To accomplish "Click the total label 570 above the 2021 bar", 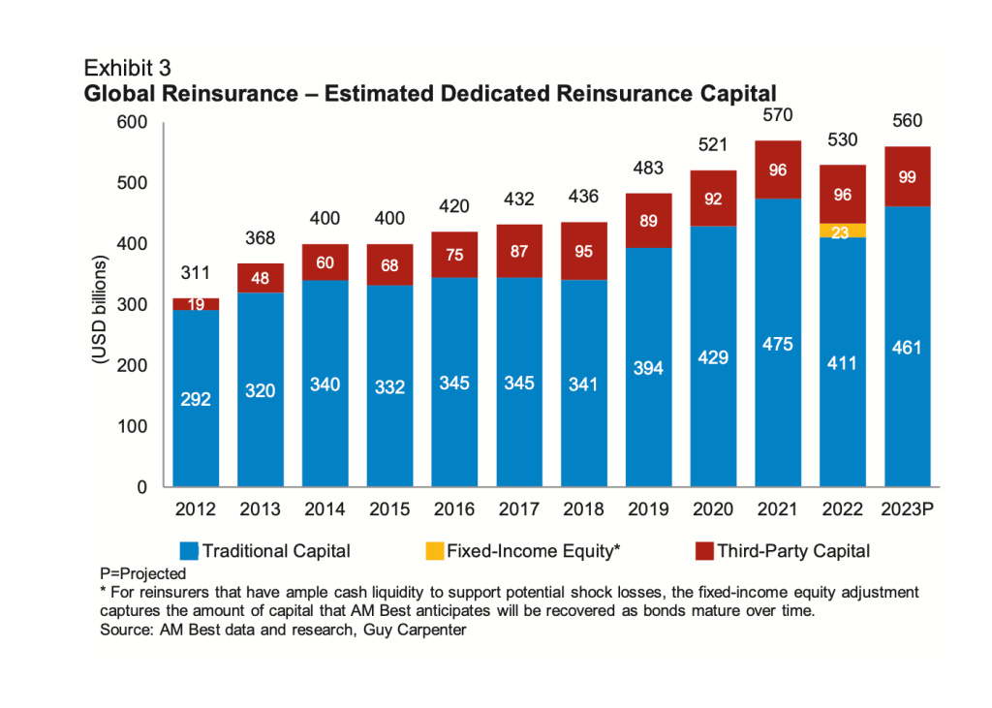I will (x=777, y=115).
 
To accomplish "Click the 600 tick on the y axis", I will (x=131, y=122).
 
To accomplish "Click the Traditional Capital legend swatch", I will (x=189, y=551).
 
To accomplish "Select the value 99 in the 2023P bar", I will (x=907, y=177).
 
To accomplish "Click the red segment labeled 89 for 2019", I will (x=649, y=220).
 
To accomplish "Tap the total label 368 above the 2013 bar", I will (x=261, y=238).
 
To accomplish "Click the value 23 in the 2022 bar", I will (x=842, y=231).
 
